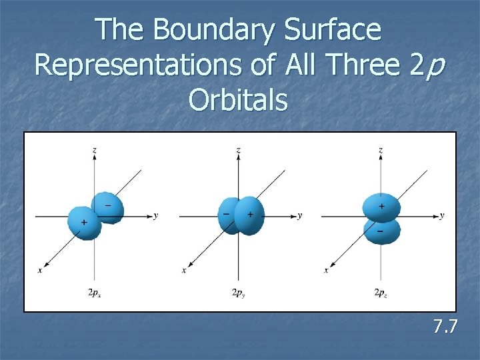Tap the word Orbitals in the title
238,100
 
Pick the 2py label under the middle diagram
237,292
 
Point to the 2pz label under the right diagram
380,292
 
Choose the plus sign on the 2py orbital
250,214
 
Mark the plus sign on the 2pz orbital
381,207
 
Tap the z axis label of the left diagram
95,151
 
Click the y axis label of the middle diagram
299,215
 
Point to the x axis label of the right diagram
326,270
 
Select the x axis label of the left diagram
41,270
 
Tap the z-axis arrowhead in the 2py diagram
238,159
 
